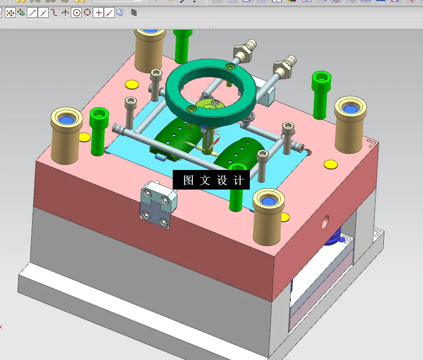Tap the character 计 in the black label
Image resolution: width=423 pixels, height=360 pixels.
238,180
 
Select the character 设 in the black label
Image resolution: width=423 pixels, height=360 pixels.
222,180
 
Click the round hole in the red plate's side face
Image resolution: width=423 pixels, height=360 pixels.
325,221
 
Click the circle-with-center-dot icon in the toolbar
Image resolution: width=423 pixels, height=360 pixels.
76,13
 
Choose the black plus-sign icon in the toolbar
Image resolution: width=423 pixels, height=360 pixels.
98,13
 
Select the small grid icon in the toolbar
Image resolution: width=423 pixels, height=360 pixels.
134,13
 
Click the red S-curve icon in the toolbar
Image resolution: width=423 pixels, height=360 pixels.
55,13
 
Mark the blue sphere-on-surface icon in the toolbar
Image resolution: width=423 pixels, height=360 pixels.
120,13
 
